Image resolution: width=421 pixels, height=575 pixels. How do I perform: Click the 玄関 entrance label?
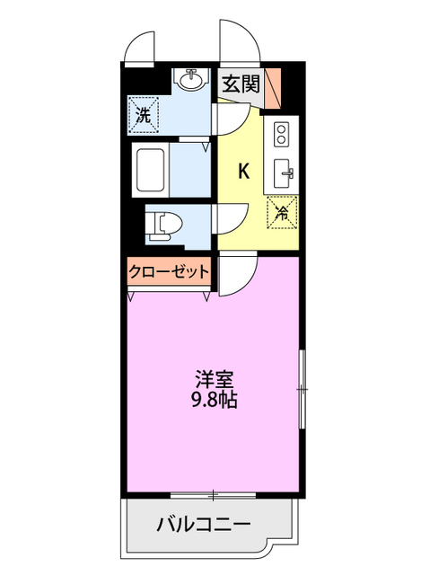tap(241, 85)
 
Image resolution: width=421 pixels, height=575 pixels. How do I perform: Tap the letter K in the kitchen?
tap(242, 172)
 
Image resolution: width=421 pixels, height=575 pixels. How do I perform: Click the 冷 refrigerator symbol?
tap(281, 214)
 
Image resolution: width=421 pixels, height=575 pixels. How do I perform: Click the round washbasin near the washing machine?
tap(190, 81)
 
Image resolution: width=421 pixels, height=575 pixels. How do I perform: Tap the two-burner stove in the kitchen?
tap(279, 136)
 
